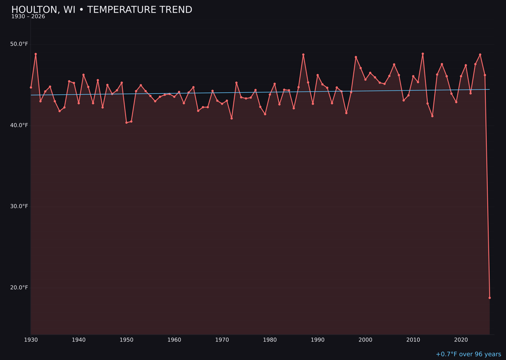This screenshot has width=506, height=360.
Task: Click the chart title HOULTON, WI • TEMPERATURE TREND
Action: coord(102,10)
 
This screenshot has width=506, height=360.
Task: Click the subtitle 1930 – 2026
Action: coord(28,17)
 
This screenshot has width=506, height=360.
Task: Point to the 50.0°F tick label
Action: coord(19,44)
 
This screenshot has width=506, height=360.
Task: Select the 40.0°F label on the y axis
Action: coord(19,125)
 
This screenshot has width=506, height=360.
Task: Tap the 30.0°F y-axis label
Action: coord(19,206)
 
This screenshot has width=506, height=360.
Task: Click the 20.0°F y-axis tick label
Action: coord(19,287)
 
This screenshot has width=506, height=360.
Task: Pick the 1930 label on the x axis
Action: coord(31,339)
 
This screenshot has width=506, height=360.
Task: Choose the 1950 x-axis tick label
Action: coord(126,339)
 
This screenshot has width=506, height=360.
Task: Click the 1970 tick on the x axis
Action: coord(222,339)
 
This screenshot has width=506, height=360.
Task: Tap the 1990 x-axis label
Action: coord(318,339)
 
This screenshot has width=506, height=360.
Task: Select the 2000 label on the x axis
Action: coord(365,339)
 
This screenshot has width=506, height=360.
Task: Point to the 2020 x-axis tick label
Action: coord(461,339)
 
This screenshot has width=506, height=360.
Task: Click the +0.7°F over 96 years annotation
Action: coord(468,354)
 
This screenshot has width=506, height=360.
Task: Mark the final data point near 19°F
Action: coord(490,298)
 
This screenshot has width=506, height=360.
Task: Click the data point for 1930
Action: coord(31,87)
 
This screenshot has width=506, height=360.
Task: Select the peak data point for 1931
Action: coord(36,54)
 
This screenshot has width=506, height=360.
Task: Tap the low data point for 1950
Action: coord(126,122)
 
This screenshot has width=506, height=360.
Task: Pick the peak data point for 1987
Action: coord(303,54)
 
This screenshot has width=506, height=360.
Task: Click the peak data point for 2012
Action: coord(423,53)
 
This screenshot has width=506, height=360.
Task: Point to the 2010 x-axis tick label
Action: coord(413,339)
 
